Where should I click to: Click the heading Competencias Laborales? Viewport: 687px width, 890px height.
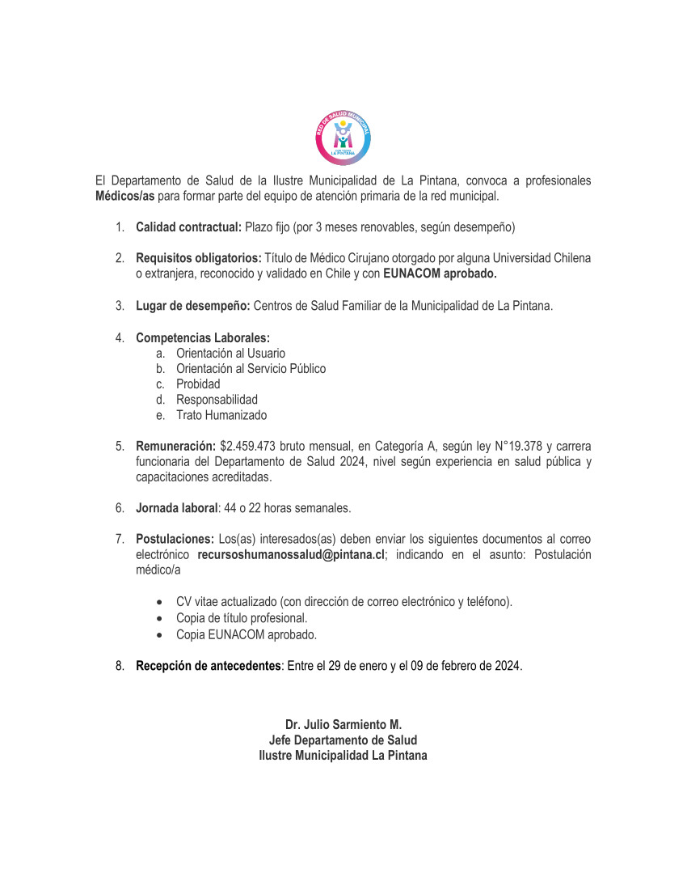pyautogui.click(x=203, y=337)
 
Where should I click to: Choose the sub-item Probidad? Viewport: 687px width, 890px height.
pyautogui.click(x=198, y=384)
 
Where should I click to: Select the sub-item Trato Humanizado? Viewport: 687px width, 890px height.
pyautogui.click(x=221, y=415)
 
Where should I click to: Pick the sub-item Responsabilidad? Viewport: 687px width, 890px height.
pyautogui.click(x=217, y=400)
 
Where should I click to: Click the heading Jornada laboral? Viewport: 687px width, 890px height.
pyautogui.click(x=177, y=508)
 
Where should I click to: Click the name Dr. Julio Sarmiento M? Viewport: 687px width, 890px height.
pyautogui.click(x=343, y=724)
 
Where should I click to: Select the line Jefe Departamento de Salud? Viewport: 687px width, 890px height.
pyautogui.click(x=343, y=740)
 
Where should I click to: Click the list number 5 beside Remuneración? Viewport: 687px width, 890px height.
pyautogui.click(x=119, y=446)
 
